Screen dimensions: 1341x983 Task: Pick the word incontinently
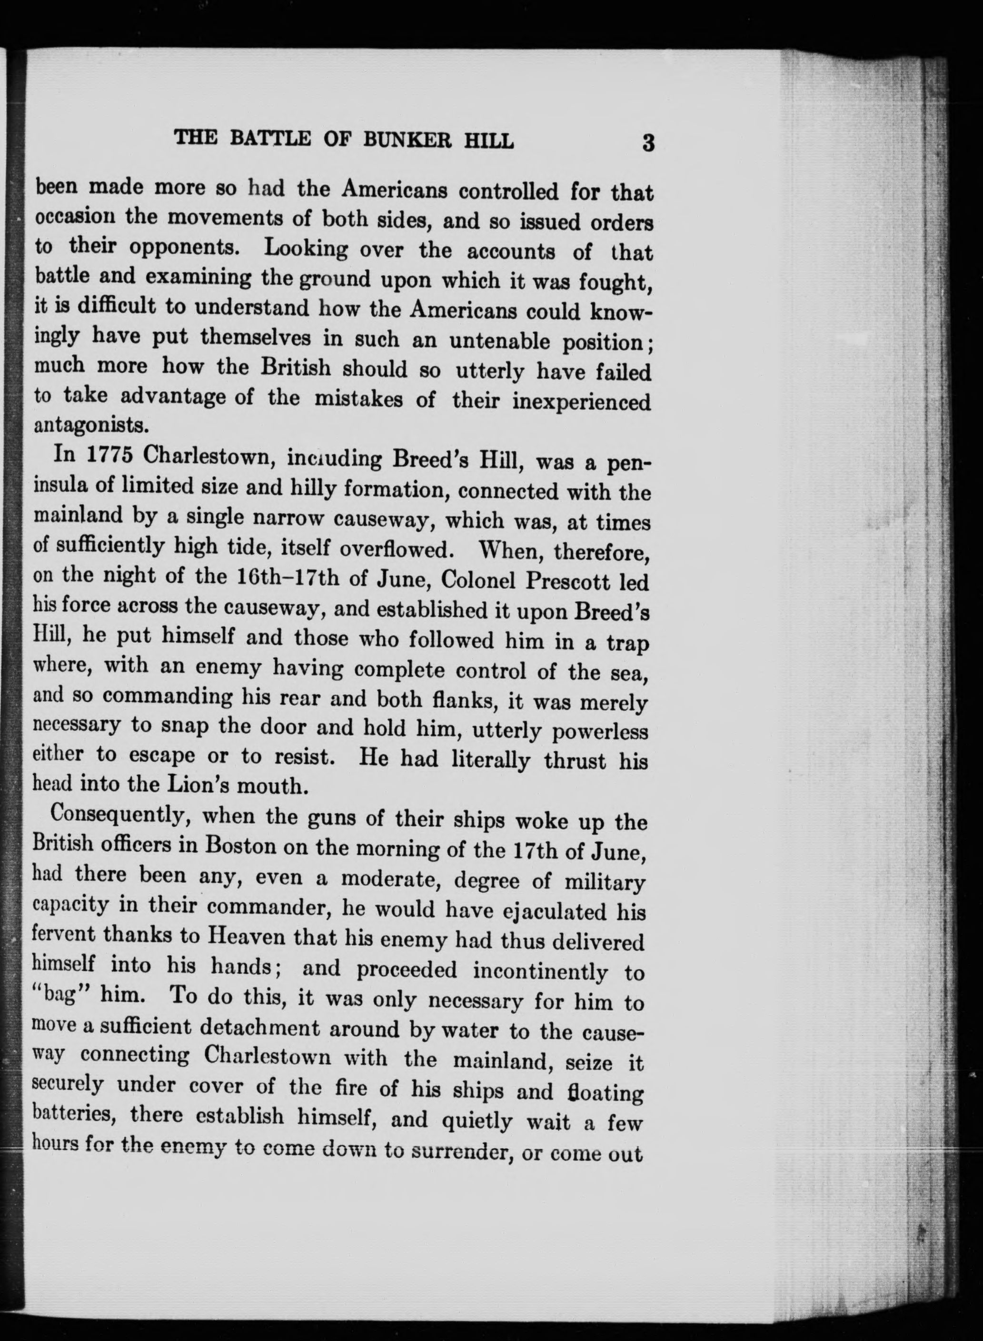[540, 971]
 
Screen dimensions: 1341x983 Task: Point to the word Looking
[306, 248]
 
